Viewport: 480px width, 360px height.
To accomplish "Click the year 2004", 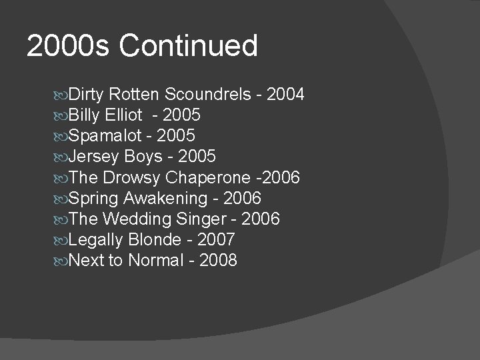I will click(285, 95).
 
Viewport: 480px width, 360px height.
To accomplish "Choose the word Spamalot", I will click(105, 136).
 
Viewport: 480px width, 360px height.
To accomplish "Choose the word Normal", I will click(155, 260).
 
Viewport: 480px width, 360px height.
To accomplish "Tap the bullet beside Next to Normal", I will click(61, 261).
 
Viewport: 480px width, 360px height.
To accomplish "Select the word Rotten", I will click(135, 95).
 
